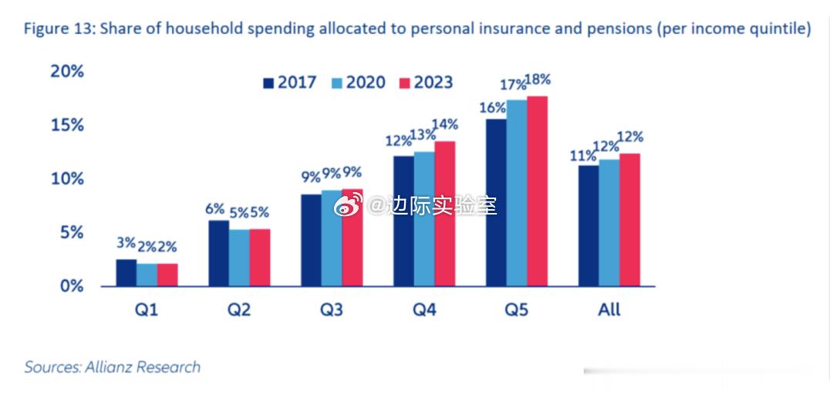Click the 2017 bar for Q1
click(126, 273)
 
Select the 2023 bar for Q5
click(538, 191)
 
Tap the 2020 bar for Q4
click(424, 219)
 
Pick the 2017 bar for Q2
click(219, 254)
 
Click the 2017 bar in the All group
click(588, 226)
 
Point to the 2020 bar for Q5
click(517, 193)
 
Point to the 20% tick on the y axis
click(66, 71)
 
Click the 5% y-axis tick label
click(66, 233)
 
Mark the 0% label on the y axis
click(66, 286)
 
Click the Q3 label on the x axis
click(332, 310)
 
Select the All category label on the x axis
click(609, 310)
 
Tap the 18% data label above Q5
click(538, 80)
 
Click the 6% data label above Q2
click(214, 208)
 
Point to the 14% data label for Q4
click(445, 124)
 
